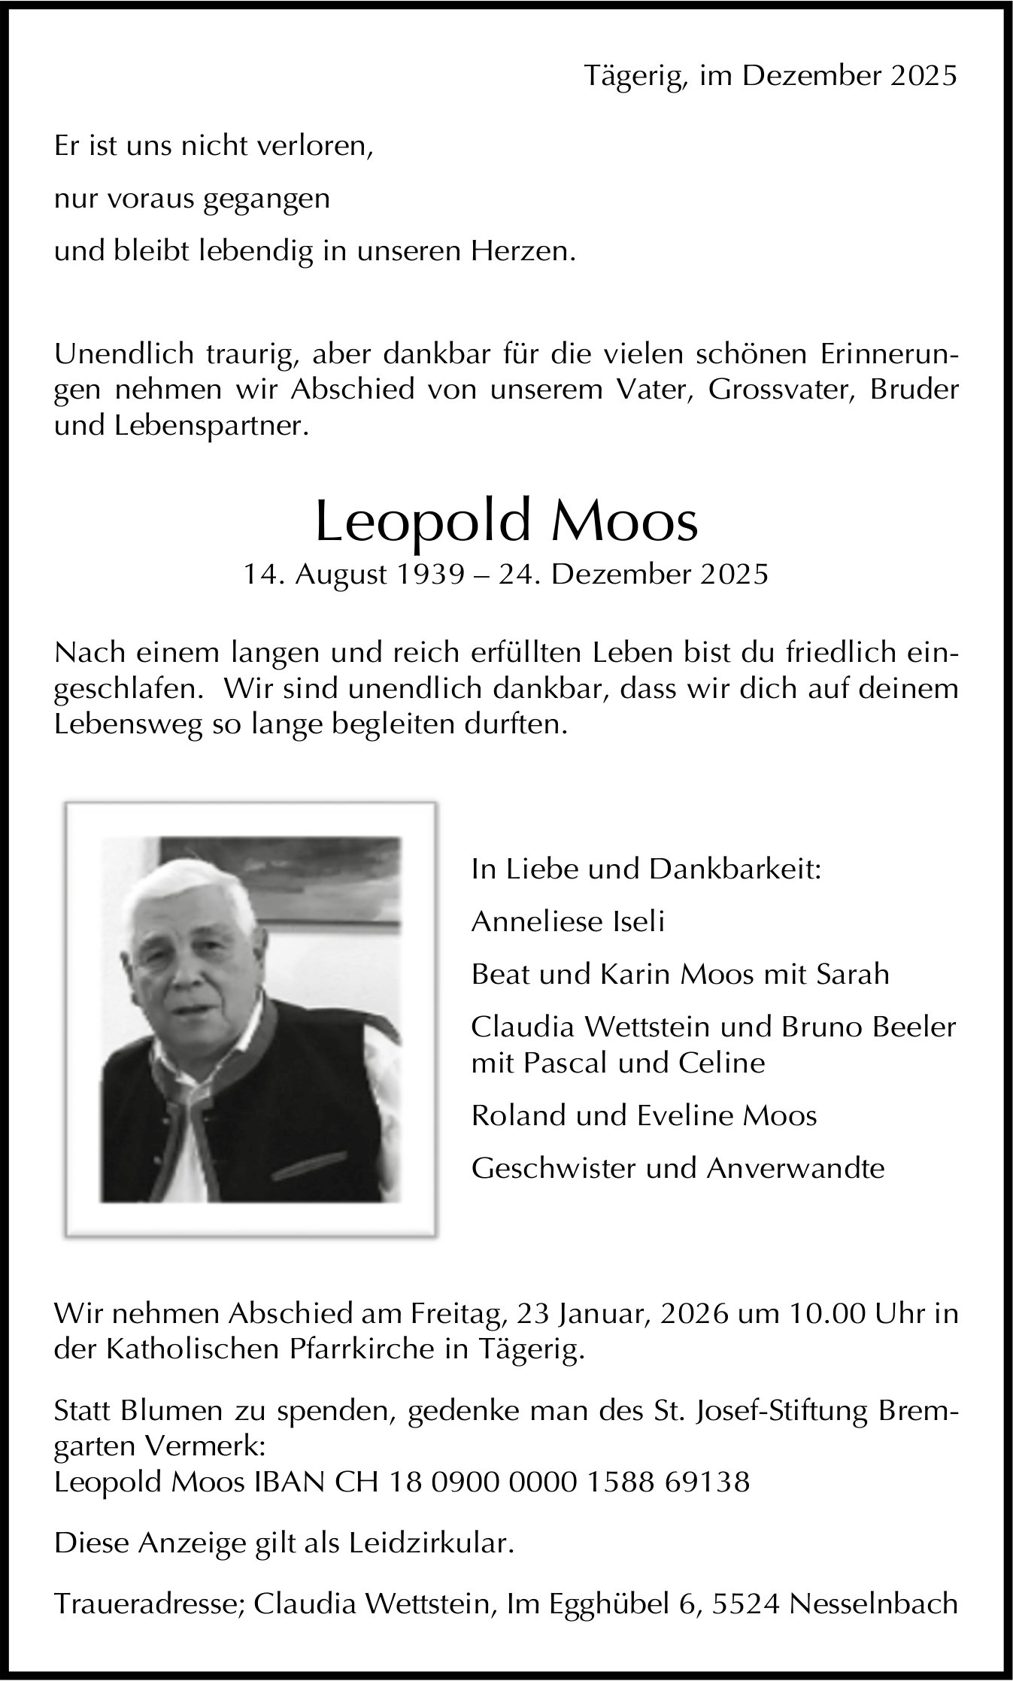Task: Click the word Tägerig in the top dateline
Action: (x=635, y=76)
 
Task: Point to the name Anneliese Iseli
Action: (x=568, y=921)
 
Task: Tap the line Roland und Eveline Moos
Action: (x=644, y=1115)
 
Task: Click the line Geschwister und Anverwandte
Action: (x=678, y=1168)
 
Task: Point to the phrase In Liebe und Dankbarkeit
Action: (x=646, y=869)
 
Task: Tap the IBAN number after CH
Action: (x=569, y=1482)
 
